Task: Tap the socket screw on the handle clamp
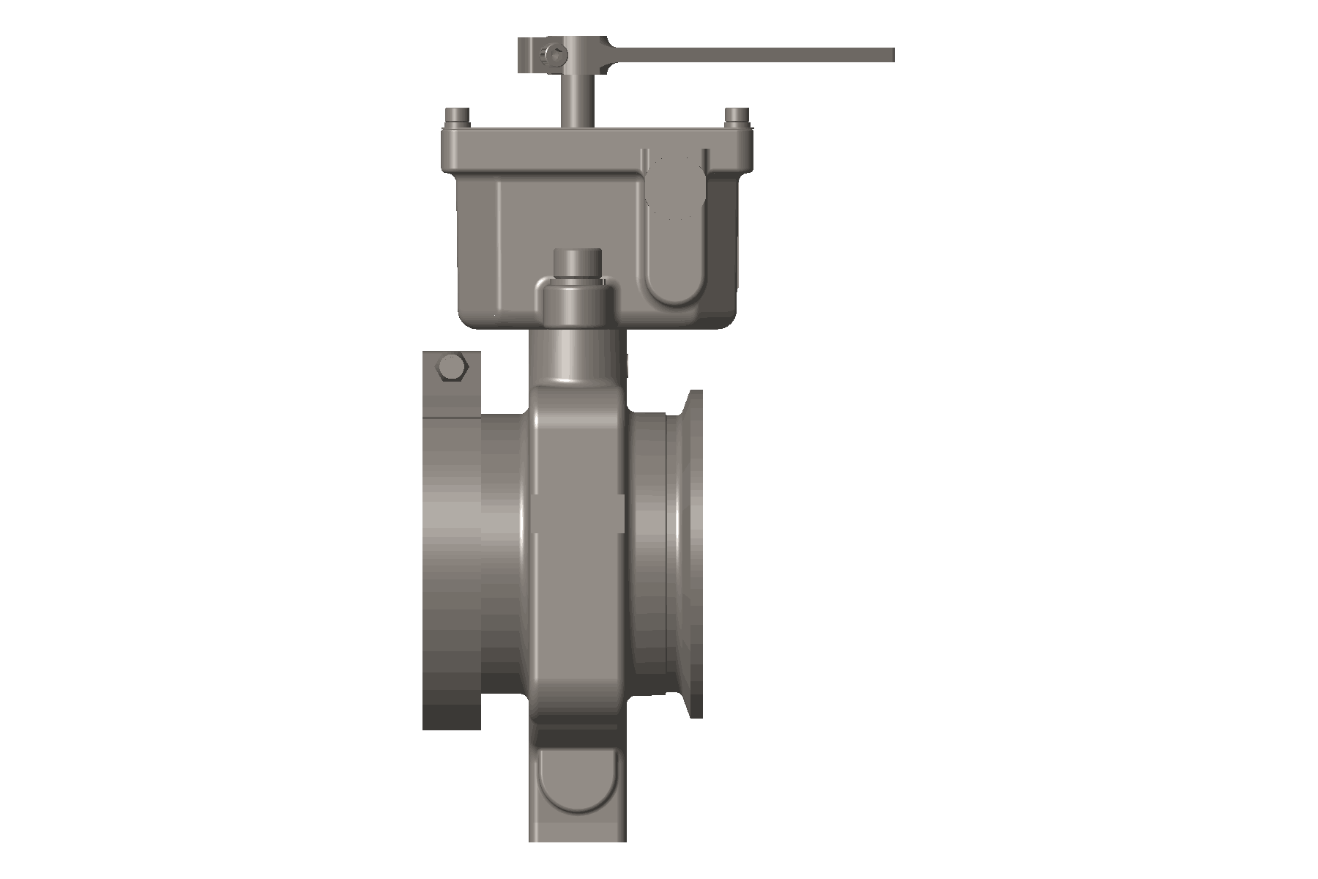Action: (554, 53)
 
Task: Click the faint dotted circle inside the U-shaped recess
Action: (675, 187)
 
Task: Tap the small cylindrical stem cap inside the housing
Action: (578, 264)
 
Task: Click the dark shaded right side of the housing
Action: (721, 242)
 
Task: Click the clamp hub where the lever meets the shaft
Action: (578, 55)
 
